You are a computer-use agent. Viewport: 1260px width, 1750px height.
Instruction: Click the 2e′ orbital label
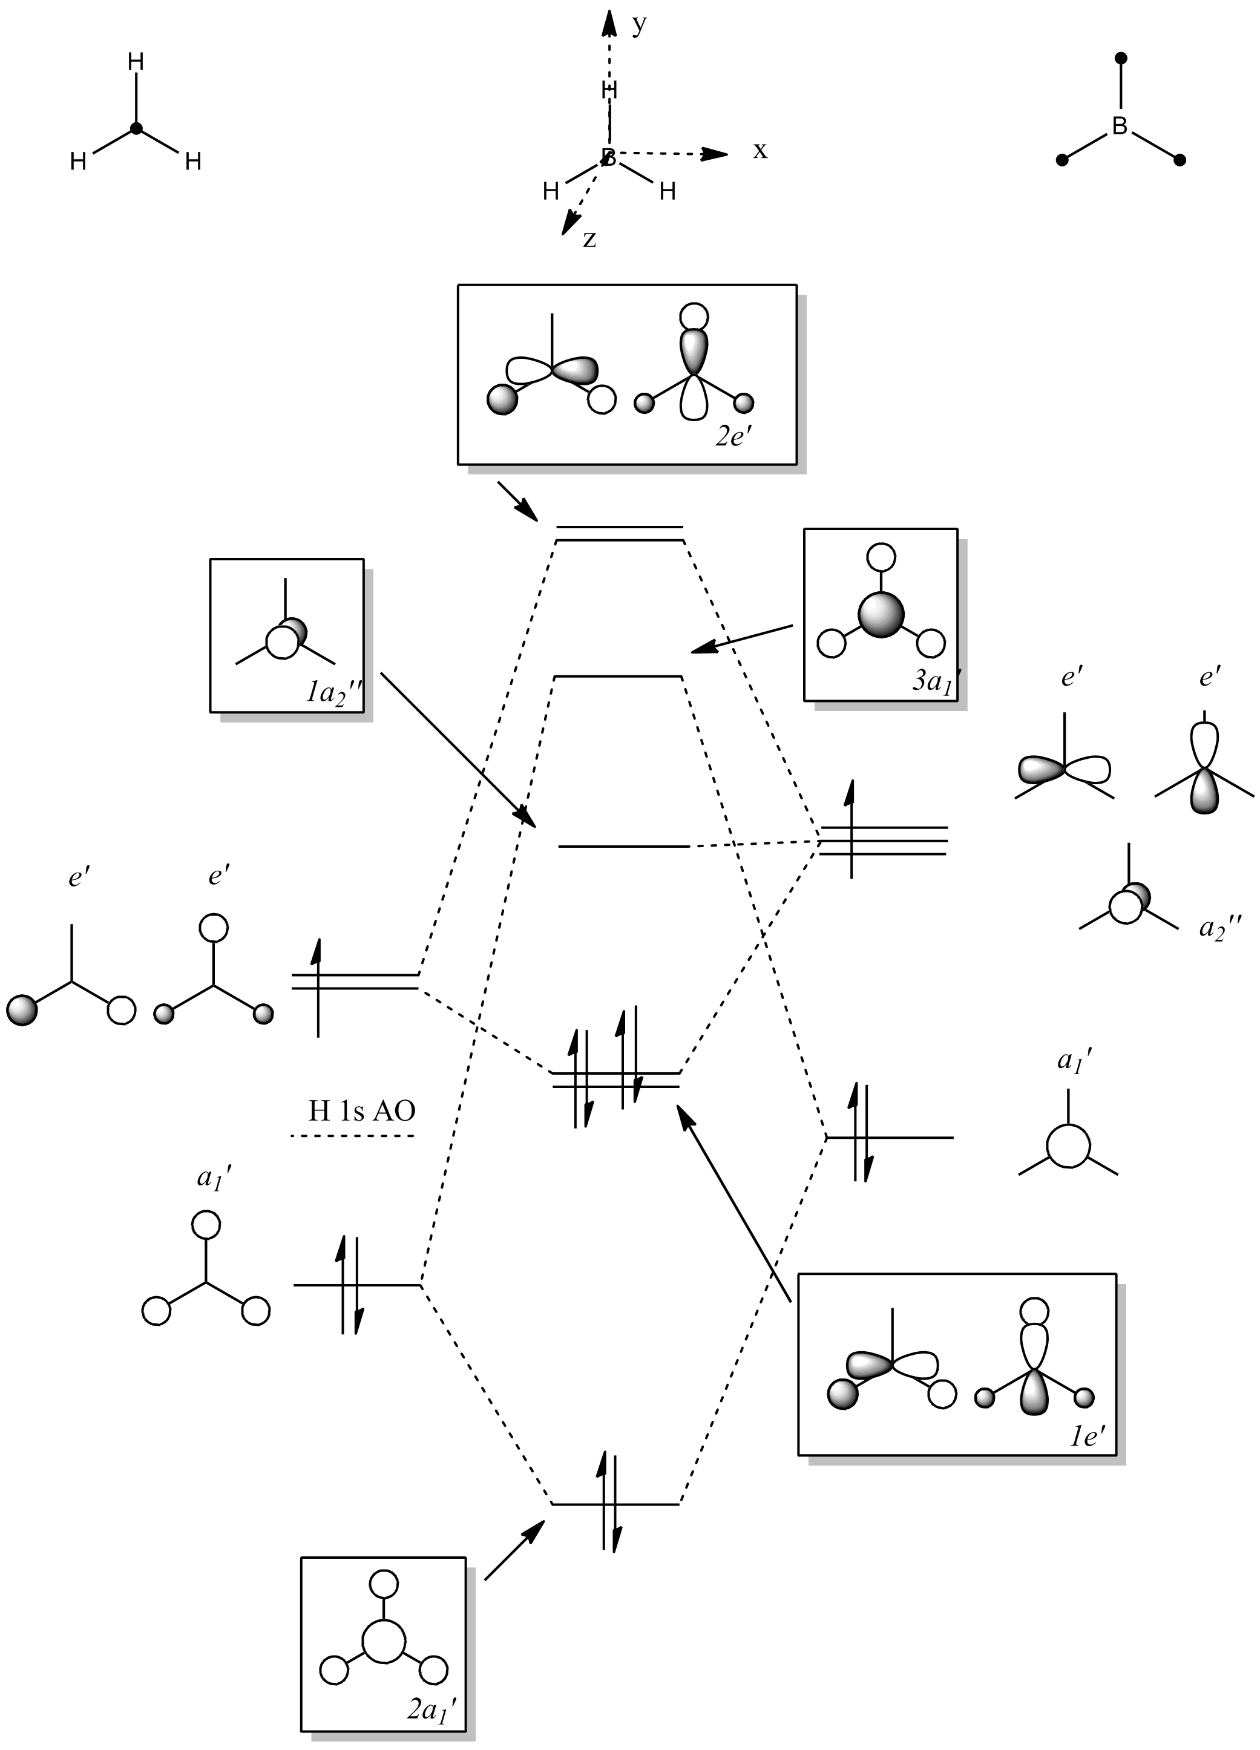(x=733, y=438)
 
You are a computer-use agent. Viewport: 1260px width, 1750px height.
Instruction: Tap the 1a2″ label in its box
(x=333, y=692)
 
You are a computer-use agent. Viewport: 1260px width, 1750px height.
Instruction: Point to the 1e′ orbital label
(x=1088, y=1435)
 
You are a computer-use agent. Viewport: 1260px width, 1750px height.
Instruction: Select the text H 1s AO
(x=362, y=1110)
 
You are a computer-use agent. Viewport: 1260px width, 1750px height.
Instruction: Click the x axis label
(x=760, y=151)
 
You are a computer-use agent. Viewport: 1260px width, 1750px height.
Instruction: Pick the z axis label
(x=589, y=239)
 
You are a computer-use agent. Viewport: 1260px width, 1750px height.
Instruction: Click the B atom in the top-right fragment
(x=1120, y=126)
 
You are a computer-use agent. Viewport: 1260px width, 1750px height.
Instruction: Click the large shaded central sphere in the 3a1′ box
(x=881, y=615)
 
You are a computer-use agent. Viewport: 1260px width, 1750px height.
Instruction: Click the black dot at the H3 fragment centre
(x=137, y=129)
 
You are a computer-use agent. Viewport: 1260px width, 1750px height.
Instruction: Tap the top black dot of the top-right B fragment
(x=1122, y=58)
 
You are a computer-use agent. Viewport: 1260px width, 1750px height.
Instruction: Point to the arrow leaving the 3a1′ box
(x=741, y=639)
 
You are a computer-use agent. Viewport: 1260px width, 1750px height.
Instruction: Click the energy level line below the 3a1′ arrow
(x=618, y=677)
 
